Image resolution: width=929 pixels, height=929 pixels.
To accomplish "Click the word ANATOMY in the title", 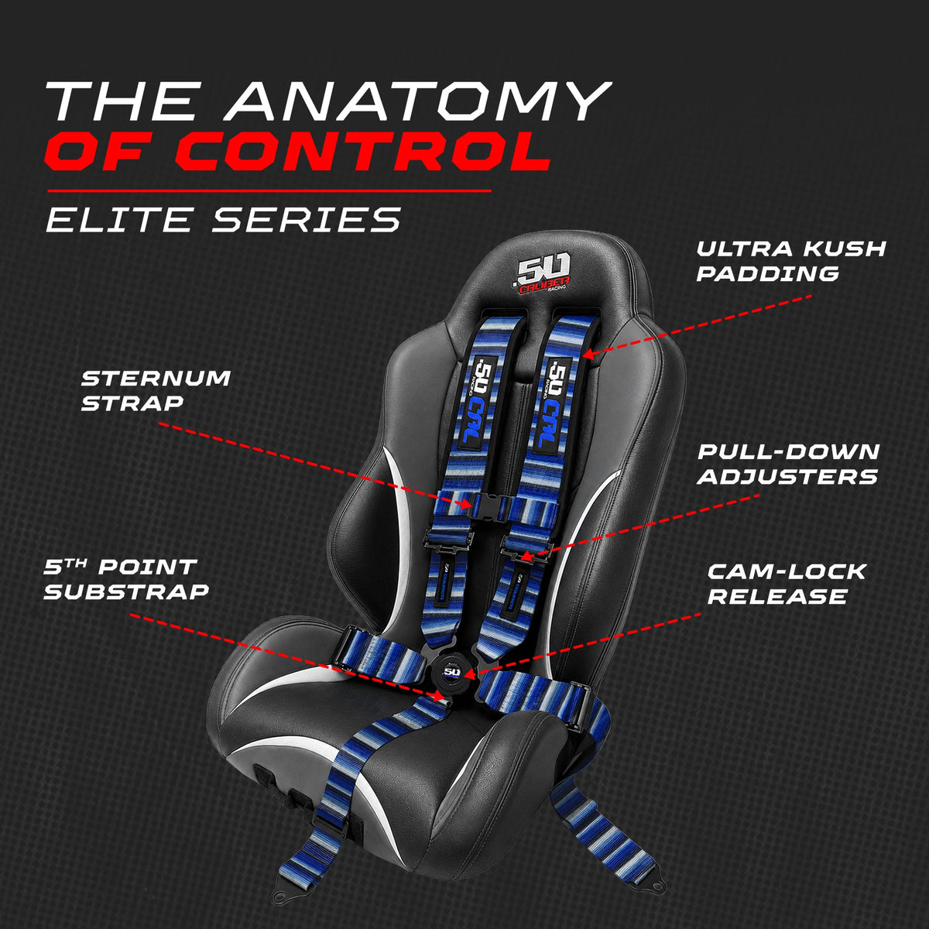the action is [x=419, y=101].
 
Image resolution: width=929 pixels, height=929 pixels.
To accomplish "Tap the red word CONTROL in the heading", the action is [x=364, y=151].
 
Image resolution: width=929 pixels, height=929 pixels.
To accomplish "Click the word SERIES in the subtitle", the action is [x=307, y=220].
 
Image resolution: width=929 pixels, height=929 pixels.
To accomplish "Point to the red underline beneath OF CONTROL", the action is [x=269, y=191].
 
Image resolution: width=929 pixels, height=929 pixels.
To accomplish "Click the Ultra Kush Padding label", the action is [x=791, y=262].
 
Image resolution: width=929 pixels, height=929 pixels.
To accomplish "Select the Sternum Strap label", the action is [x=156, y=390].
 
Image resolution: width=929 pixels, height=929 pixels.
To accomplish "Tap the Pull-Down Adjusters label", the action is [x=788, y=464].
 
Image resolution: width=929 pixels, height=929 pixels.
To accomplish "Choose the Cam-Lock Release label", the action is [x=787, y=584].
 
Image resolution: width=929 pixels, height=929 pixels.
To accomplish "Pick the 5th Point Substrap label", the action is [x=126, y=579].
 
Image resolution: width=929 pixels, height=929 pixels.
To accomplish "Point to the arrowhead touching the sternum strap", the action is [x=465, y=504].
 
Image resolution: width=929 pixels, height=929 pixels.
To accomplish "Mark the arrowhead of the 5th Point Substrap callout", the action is [x=439, y=696].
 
